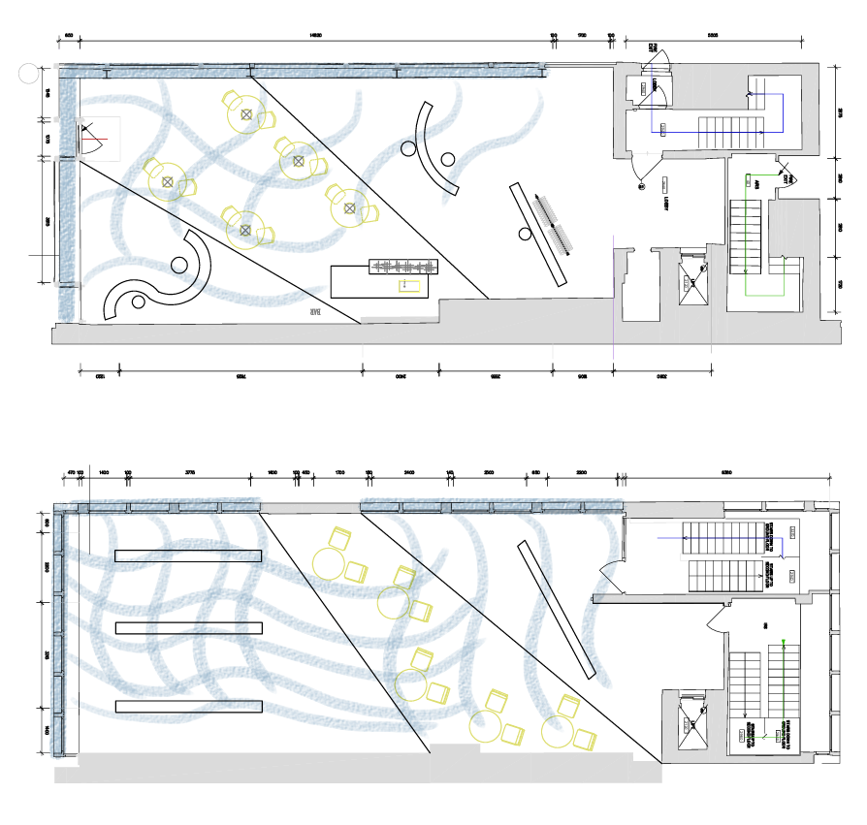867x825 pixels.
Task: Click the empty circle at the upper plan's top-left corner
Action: [28, 72]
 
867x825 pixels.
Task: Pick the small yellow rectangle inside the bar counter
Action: [410, 286]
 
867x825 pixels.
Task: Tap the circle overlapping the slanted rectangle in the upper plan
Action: [527, 233]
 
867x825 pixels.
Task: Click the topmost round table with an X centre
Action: [246, 115]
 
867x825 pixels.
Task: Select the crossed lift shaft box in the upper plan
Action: [693, 281]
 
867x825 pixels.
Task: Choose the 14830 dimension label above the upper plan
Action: [315, 36]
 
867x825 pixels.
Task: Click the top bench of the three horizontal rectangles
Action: [188, 555]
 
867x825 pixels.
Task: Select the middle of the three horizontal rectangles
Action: [188, 628]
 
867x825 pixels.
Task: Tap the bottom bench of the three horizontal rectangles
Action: [188, 706]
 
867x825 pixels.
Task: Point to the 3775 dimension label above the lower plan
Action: [190, 472]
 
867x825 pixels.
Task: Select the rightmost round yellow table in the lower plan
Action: [560, 730]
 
